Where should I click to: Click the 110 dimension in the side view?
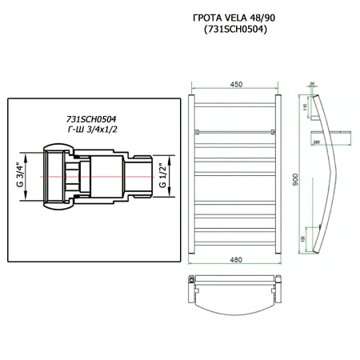[307, 107]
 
